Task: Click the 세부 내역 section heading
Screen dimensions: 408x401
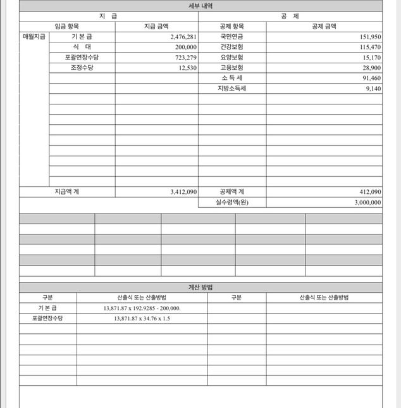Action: (200, 6)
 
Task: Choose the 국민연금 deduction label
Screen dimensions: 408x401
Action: (231, 37)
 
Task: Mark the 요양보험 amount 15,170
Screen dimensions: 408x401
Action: (369, 58)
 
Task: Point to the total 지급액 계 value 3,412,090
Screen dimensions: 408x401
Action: (183, 191)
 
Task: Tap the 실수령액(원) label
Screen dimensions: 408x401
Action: (231, 203)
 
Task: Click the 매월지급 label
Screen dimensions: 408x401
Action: (34, 37)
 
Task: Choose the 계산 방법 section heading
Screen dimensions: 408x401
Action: (200, 287)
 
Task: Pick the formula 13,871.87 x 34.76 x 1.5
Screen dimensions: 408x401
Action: (142, 318)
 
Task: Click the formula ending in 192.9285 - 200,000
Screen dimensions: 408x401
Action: (142, 308)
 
